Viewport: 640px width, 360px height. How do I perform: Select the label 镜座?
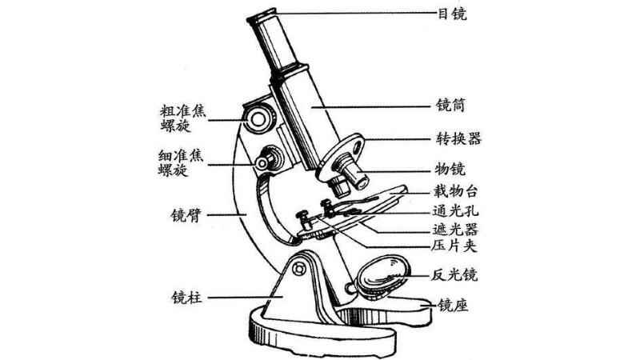450,306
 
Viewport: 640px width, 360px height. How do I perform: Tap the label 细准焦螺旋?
183,162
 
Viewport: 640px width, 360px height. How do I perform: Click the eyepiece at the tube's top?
265,17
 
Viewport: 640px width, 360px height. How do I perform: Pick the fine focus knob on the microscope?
266,161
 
